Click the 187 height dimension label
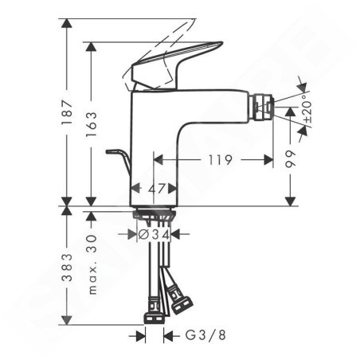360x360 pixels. tap(66, 112)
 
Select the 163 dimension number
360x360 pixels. tap(91, 124)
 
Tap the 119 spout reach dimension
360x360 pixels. tap(220, 160)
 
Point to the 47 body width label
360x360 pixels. tap(157, 189)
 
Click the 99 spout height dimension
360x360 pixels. tap(290, 158)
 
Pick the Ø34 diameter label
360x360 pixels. tap(154, 234)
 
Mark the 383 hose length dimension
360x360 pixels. tap(66, 268)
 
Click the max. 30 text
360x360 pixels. tap(92, 264)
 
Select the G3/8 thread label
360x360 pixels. tap(205, 335)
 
